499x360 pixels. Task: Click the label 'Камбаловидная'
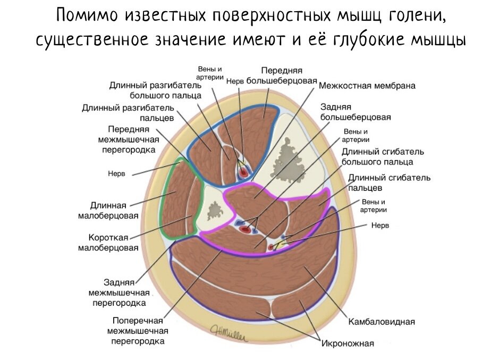click(x=381, y=322)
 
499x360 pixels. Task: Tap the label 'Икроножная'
click(x=348, y=344)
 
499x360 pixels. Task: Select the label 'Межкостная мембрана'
click(x=367, y=85)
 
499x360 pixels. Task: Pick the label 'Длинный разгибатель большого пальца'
click(x=155, y=90)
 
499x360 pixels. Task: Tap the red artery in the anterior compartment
click(x=243, y=172)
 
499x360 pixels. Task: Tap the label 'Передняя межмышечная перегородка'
click(x=129, y=139)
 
